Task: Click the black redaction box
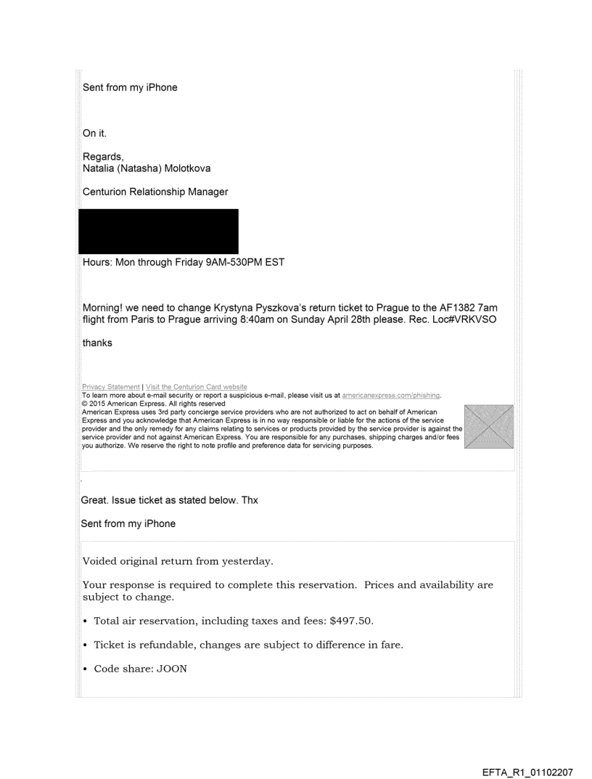click(x=158, y=232)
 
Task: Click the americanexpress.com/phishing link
click(x=391, y=393)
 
